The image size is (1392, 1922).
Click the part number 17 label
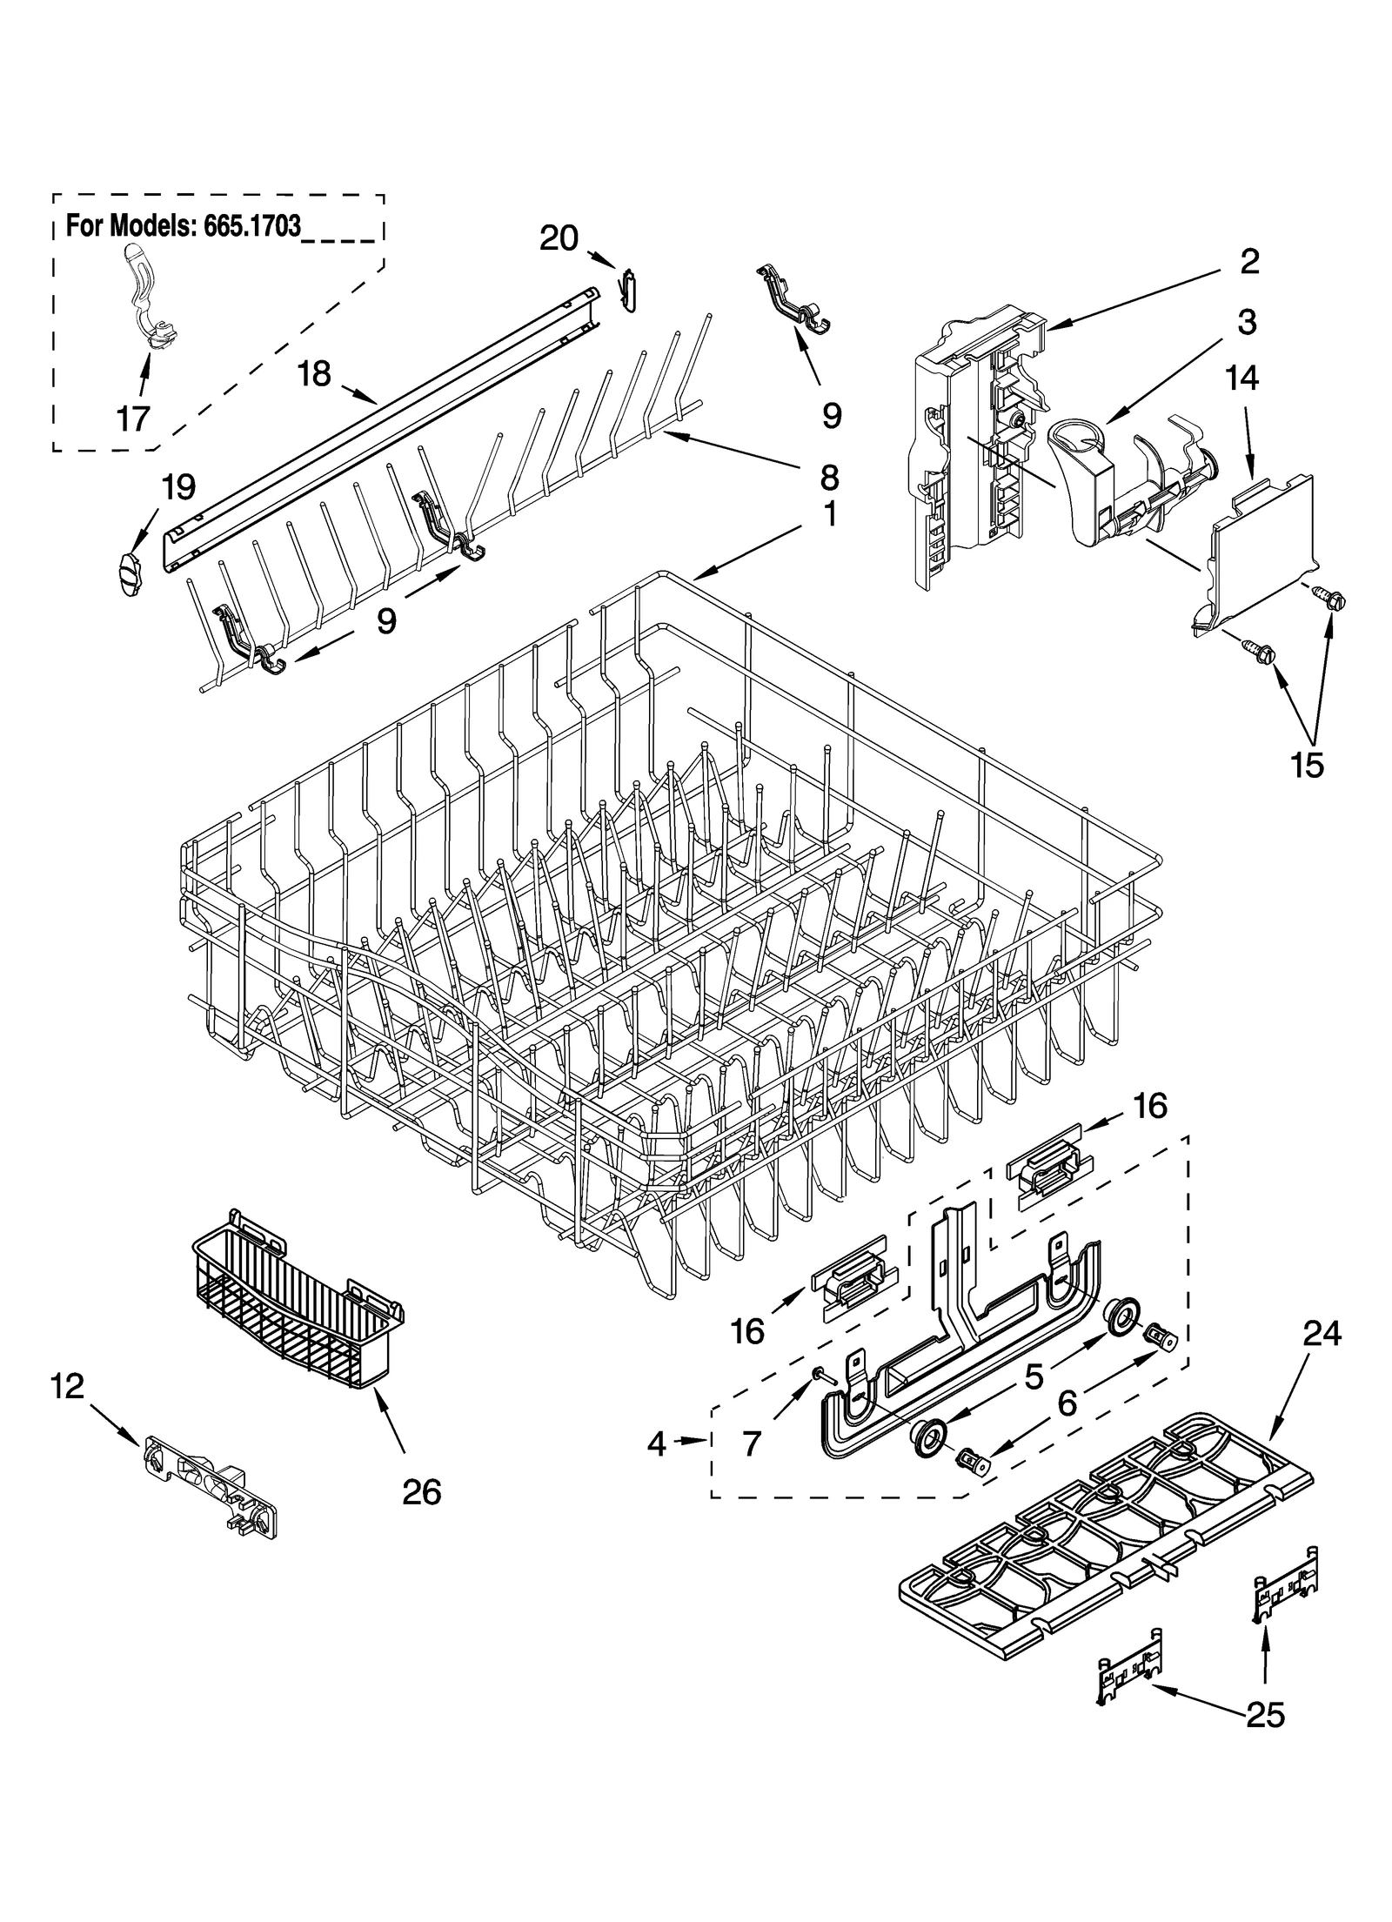click(x=132, y=419)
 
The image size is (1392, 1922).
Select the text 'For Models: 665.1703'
click(x=184, y=226)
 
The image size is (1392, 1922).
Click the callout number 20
click(x=559, y=238)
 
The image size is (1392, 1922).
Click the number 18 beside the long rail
click(x=314, y=374)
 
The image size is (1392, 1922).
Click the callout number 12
click(x=68, y=1386)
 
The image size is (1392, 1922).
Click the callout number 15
click(x=1308, y=764)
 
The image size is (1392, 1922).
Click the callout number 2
click(x=1249, y=261)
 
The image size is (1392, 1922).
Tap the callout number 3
click(x=1247, y=322)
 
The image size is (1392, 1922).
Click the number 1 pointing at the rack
click(x=830, y=514)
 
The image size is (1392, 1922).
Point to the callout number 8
click(x=828, y=476)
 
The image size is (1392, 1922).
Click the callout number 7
click(x=752, y=1444)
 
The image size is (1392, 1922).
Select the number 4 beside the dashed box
click(x=657, y=1444)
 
